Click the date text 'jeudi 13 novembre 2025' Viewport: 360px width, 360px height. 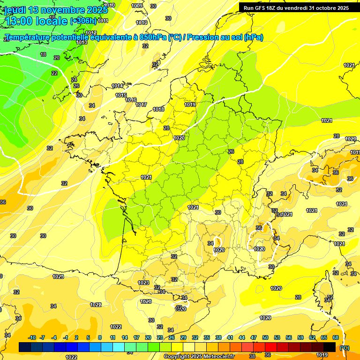pos(52,10)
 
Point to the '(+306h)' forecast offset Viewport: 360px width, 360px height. pos(83,21)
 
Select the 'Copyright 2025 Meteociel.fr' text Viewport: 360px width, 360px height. pos(199,356)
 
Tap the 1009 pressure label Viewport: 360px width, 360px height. pos(137,6)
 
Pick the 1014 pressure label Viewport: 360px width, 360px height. pos(118,86)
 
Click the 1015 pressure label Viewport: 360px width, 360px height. pos(121,95)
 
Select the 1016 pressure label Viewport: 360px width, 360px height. pos(131,100)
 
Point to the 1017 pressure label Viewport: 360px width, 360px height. pos(141,105)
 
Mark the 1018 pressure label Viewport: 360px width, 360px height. pos(158,109)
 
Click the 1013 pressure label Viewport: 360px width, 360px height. pos(82,42)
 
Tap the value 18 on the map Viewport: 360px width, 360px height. pos(43,55)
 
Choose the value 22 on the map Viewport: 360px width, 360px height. pos(54,73)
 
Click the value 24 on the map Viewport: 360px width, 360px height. pos(74,80)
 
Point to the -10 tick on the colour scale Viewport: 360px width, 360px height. pos(32,337)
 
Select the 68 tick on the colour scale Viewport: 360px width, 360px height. pos(335,337)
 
